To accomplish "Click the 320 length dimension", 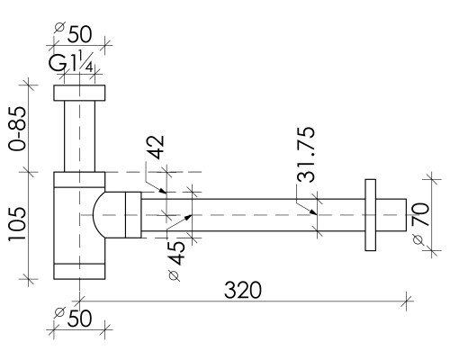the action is point(243,290).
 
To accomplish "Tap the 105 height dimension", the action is point(17,224).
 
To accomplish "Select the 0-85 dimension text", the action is point(17,129).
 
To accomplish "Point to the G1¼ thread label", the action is point(71,61).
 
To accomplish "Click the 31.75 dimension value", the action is point(306,155).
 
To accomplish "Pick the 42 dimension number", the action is point(157,147).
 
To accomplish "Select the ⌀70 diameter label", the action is point(419,223).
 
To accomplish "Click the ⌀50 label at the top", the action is point(73,33).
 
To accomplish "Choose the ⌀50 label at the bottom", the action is point(73,318).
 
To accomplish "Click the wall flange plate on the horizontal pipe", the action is point(371,215).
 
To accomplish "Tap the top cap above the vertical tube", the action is point(79,93).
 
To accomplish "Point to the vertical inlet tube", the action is point(79,136).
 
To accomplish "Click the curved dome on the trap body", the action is point(99,215).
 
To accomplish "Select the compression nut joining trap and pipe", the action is point(133,215).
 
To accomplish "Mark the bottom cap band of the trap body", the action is point(79,272).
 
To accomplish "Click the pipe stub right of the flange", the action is point(391,215).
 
